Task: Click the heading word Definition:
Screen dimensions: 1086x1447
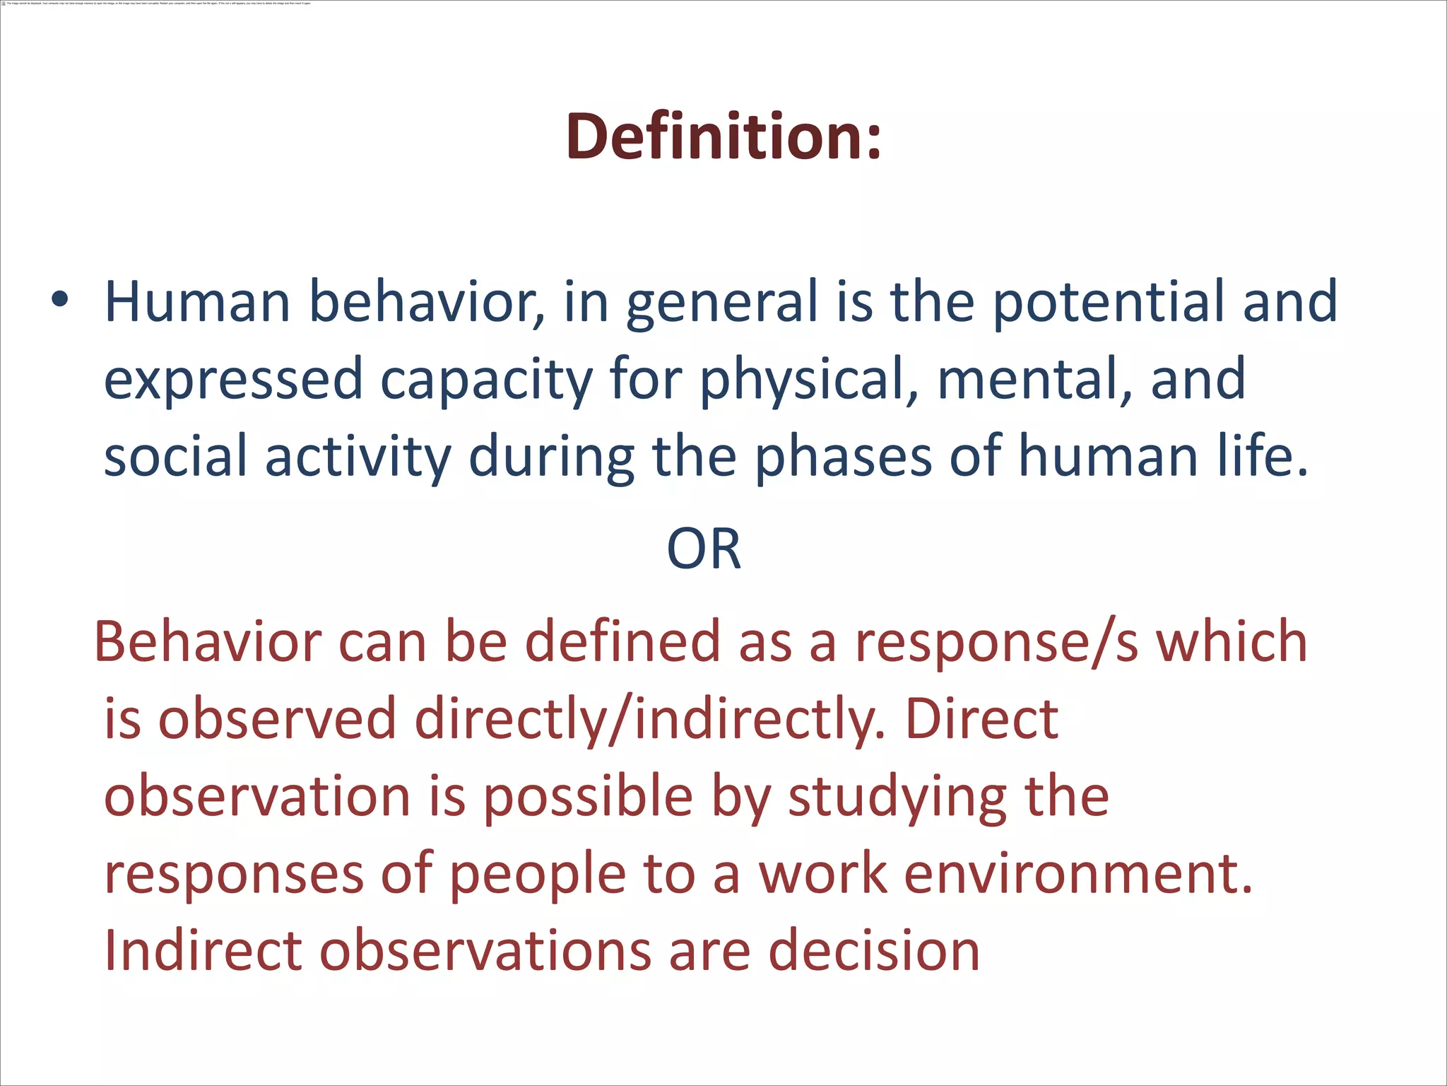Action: point(723,136)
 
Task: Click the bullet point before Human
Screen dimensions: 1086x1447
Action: point(60,300)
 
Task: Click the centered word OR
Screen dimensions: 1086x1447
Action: point(704,549)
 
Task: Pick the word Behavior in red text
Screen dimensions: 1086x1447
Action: point(208,641)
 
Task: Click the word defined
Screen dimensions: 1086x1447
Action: point(622,641)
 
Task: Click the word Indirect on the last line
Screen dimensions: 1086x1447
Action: point(203,950)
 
